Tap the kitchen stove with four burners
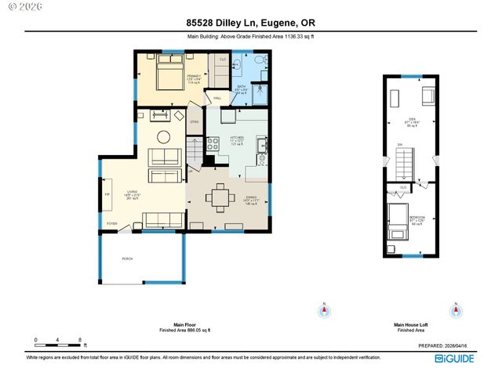[211, 143]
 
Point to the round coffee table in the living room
[164, 136]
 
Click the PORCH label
[126, 258]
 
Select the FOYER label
[111, 224]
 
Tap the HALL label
[217, 98]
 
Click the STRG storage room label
[194, 122]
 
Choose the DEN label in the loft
[408, 122]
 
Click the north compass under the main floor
[322, 310]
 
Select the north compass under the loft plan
[454, 311]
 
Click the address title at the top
[251, 23]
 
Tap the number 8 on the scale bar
[81, 339]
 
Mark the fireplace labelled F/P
[107, 193]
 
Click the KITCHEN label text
[236, 138]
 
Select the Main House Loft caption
[410, 325]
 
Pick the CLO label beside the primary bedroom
[223, 60]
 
